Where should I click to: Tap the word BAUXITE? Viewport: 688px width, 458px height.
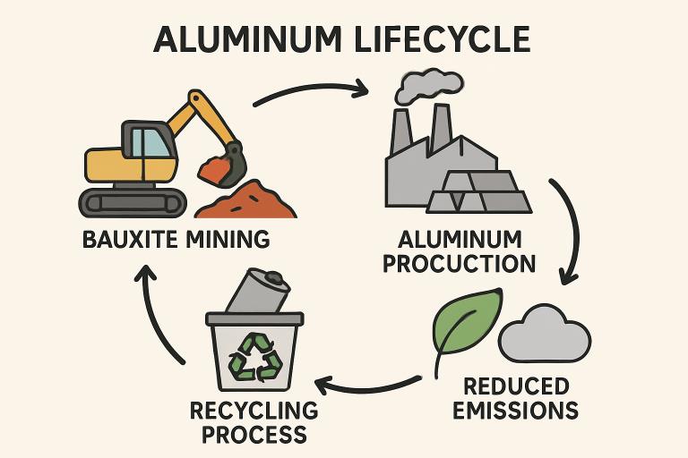(125, 240)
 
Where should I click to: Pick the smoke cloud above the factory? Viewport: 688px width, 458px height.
(431, 84)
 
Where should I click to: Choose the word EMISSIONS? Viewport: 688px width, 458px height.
(515, 411)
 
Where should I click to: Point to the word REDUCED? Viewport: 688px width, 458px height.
(516, 386)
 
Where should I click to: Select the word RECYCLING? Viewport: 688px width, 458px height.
(254, 411)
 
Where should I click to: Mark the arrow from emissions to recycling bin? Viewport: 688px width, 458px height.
(367, 386)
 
